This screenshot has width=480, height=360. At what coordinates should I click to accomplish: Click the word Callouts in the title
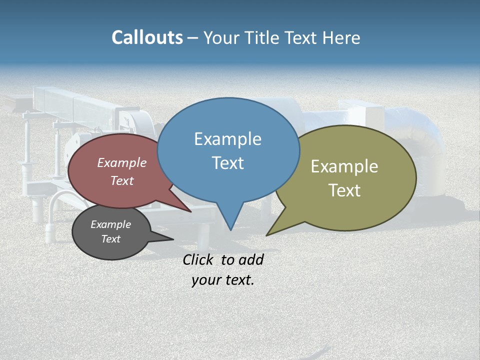click(x=147, y=37)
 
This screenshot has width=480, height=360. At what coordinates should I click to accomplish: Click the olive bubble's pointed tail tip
click(x=267, y=235)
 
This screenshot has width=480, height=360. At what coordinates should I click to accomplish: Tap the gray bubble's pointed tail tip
click(x=173, y=239)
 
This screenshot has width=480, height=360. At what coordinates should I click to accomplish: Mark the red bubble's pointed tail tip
click(x=190, y=211)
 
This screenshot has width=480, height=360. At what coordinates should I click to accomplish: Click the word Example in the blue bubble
click(x=227, y=139)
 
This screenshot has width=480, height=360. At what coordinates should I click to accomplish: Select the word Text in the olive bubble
click(x=344, y=190)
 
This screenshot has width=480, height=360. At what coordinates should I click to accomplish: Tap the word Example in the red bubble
click(x=122, y=162)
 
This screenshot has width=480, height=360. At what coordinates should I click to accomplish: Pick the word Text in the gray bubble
click(x=111, y=239)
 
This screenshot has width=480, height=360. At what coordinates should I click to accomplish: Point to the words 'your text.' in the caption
click(x=223, y=280)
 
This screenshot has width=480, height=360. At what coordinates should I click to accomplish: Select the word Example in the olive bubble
click(x=344, y=166)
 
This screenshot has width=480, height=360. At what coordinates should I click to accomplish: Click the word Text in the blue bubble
click(x=228, y=163)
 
